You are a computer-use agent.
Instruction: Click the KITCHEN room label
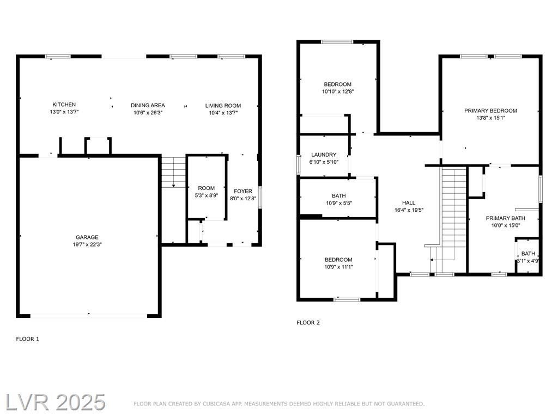coord(64,104)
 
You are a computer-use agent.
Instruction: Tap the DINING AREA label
coord(148,105)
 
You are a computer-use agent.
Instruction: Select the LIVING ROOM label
coord(223,106)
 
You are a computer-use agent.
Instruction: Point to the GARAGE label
coord(87,237)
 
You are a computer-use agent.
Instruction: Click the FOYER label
coord(243,191)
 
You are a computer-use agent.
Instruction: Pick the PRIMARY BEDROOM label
coord(491,110)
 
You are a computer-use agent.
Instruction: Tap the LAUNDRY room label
coord(324,155)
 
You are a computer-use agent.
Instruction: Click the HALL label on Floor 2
coord(409,202)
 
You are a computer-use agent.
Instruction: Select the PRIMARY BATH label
coord(505,218)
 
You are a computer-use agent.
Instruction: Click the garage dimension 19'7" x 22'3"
coord(87,244)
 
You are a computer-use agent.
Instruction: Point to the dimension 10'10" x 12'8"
coord(338,91)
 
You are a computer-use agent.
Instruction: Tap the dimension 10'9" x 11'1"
coord(338,267)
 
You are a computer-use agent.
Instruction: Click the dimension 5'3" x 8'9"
coord(207,195)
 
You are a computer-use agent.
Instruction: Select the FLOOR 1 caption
coord(27,339)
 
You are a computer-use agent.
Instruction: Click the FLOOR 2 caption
coord(308,323)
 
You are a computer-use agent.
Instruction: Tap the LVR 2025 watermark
coord(56,403)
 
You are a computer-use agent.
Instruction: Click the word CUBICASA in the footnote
coord(216,404)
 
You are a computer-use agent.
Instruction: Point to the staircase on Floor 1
coord(174,171)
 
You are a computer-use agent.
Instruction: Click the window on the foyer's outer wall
coord(260,197)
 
